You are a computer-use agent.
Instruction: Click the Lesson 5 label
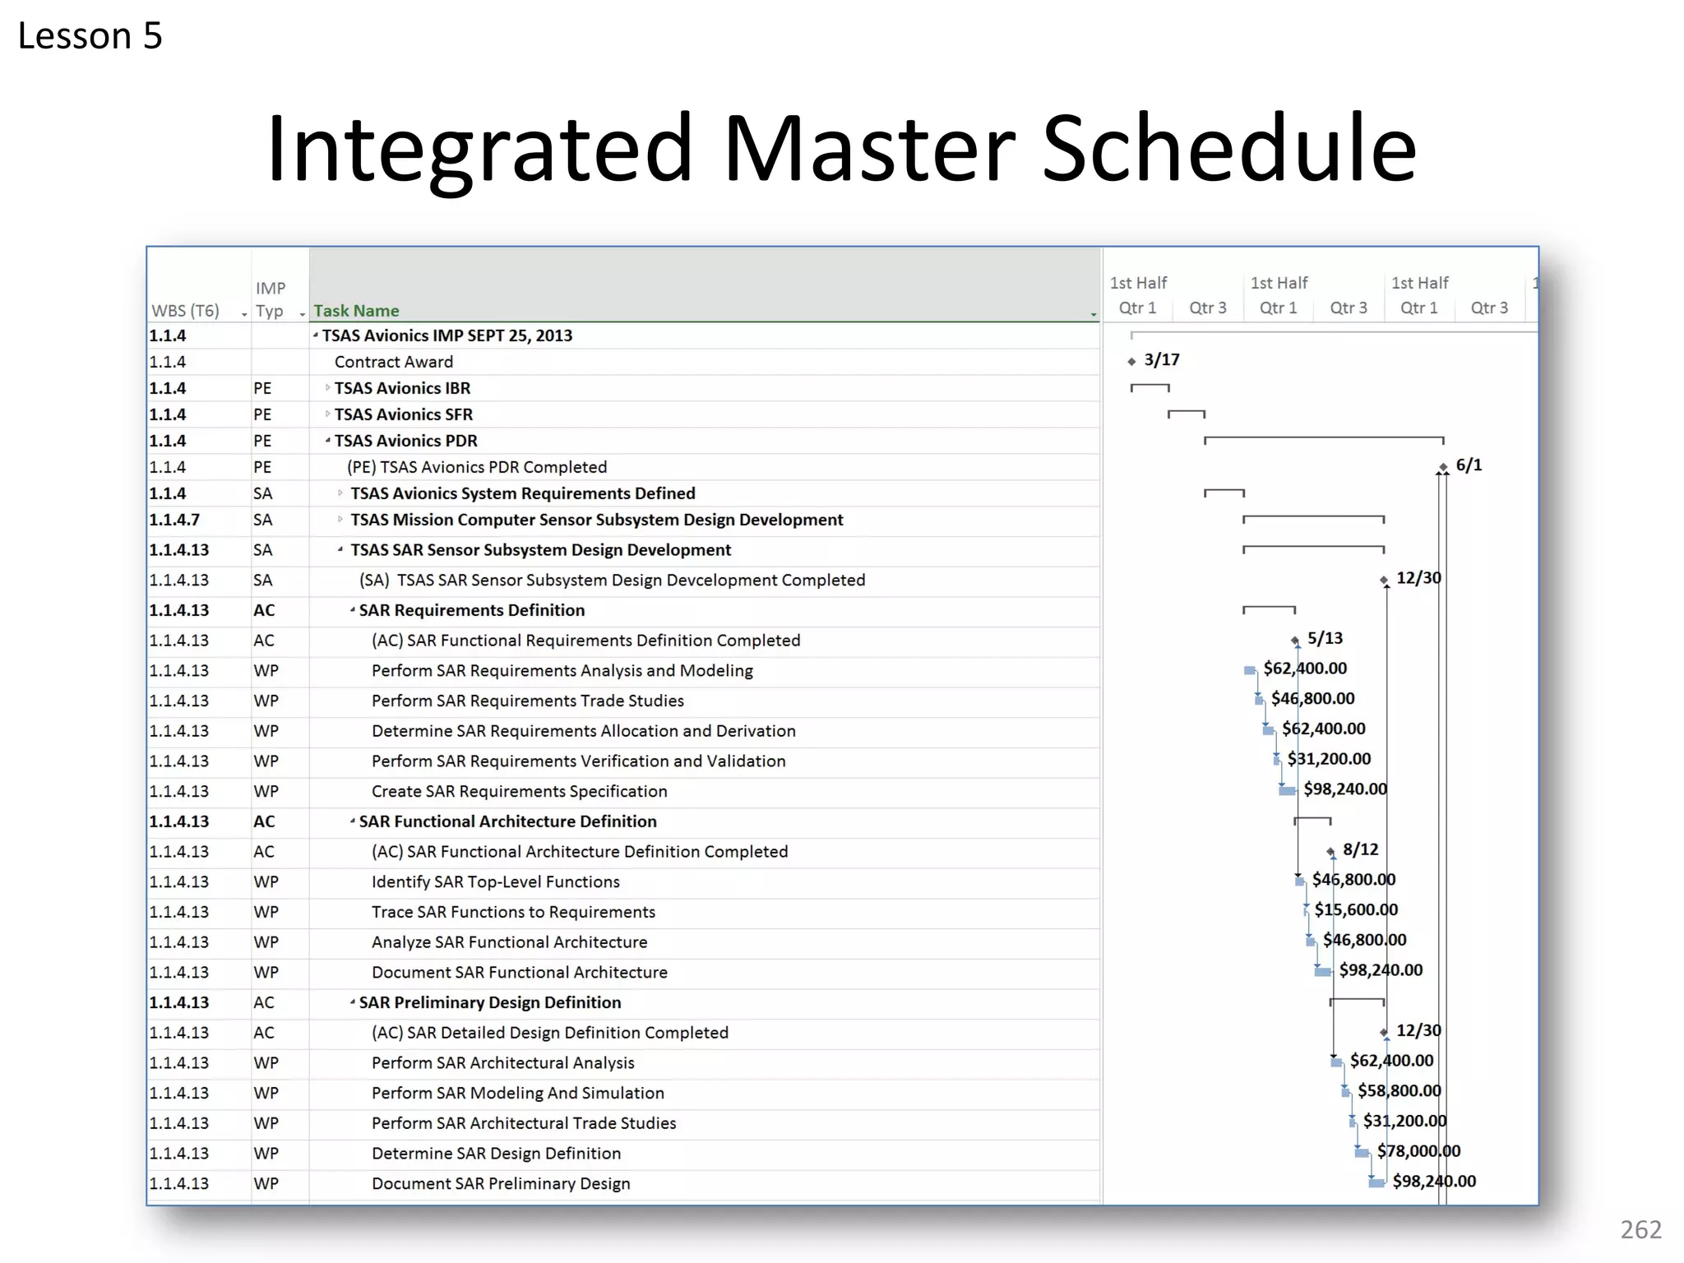point(90,36)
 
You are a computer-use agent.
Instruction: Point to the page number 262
point(1640,1229)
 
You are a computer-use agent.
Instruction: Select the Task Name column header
point(356,311)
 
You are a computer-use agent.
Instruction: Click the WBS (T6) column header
point(186,311)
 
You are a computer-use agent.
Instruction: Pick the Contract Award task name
point(393,362)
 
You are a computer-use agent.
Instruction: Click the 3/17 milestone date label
point(1161,359)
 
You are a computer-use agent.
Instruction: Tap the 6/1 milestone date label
point(1469,465)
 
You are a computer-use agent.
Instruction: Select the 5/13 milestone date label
point(1325,638)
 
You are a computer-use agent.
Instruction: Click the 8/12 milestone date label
point(1360,849)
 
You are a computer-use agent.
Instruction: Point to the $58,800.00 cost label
point(1399,1090)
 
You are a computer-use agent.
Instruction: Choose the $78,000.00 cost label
point(1418,1151)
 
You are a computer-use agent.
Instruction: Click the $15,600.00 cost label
point(1356,909)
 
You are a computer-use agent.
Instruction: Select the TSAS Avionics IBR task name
point(402,388)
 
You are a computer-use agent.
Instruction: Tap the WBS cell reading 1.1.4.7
point(174,520)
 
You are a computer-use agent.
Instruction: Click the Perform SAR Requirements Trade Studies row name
point(527,701)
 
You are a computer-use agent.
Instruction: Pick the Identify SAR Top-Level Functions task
point(495,881)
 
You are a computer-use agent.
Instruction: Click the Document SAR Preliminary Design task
point(501,1183)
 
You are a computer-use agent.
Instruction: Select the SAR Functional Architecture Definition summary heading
point(507,821)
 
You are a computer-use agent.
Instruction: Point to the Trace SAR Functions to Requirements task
point(513,912)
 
